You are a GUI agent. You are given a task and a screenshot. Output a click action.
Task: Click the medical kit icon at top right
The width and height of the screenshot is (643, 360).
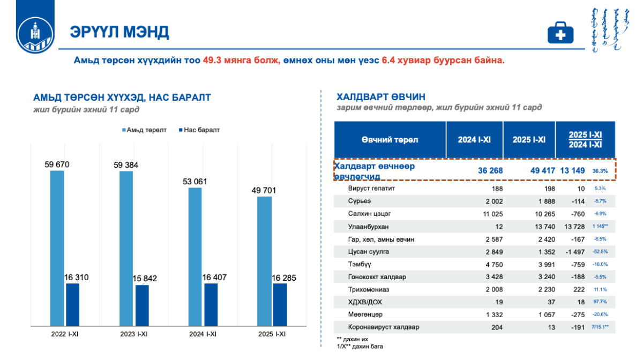tap(560, 33)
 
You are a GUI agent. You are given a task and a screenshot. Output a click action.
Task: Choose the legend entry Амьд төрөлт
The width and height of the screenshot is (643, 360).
tap(144, 130)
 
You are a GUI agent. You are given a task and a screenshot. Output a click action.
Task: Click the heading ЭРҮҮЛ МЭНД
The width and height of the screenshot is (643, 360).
tap(119, 32)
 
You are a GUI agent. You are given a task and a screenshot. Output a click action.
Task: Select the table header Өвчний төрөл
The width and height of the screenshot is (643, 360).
tap(390, 140)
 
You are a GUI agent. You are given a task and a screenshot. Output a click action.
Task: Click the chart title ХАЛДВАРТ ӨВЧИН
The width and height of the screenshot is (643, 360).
tap(380, 97)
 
